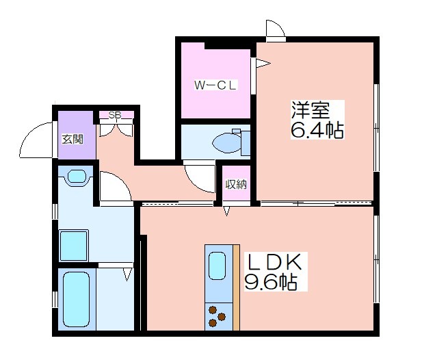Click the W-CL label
pos(215,86)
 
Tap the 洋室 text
pos(311,110)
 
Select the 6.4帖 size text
pos(317,130)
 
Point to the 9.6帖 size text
pos(271,282)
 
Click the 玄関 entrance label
pos(72,139)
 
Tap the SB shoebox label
pos(115,115)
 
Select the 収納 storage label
pos(236,184)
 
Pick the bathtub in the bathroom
pos(76,299)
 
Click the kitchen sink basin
pos(217,266)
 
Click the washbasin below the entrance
pos(77,177)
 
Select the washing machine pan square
pos(74,245)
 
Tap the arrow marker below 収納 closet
pos(226,211)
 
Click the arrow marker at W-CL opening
pos(263,64)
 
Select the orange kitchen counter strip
pos(236,287)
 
